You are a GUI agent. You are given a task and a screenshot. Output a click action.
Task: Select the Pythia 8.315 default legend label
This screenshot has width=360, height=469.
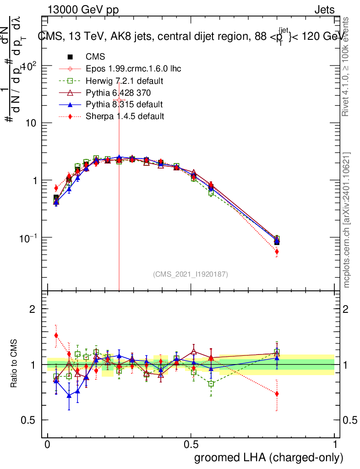point(124,104)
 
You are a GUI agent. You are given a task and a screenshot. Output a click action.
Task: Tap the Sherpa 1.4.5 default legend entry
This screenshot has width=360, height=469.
point(125,116)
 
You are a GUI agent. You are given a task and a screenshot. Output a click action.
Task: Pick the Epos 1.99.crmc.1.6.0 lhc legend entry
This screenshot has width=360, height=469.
point(133,69)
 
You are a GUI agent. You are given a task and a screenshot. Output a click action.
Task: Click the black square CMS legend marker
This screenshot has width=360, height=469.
point(71,57)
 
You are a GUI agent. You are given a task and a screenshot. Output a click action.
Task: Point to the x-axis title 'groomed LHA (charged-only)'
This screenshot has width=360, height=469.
point(269,458)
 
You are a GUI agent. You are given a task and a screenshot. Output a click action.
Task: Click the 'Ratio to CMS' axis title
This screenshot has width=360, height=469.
point(14,364)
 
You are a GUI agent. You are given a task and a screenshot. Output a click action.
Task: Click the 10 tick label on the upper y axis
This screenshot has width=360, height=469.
point(30,123)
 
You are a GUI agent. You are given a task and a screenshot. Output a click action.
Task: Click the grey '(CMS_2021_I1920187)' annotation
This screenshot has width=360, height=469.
point(191,274)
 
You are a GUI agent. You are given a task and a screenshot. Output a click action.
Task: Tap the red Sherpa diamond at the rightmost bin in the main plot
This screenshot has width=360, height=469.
point(277,251)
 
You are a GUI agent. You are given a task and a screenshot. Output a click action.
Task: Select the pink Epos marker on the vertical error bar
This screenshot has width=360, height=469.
point(119,100)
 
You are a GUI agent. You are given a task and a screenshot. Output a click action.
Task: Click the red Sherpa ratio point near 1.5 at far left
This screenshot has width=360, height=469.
point(56,335)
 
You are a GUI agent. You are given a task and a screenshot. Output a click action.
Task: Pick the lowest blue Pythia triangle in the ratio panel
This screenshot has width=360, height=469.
point(69,396)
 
